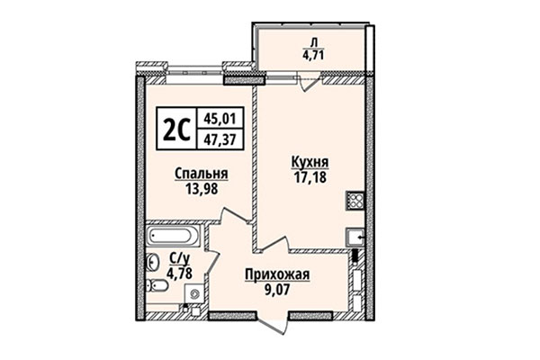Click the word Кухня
(x=310, y=163)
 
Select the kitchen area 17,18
(x=310, y=176)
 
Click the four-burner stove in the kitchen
(x=355, y=202)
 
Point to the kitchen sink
(x=355, y=238)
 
